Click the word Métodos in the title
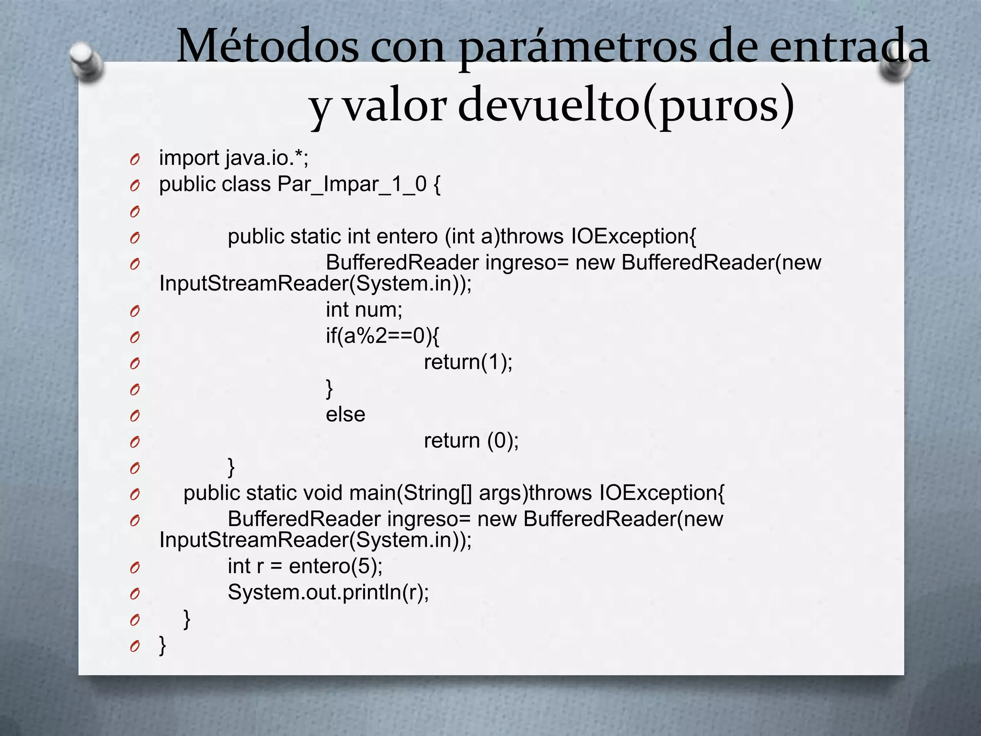267,47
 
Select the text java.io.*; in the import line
267,158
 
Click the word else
345,414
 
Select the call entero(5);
336,567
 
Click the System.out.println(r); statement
328,593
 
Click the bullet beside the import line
135,159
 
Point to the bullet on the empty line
135,211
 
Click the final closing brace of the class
162,645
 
